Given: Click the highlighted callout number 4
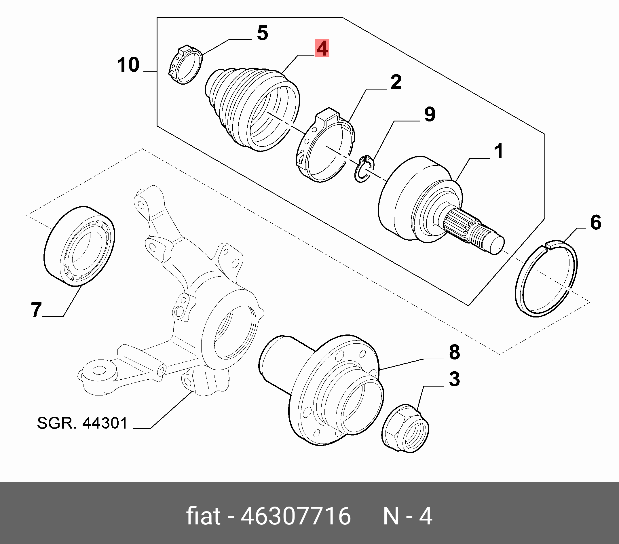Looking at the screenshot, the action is (x=322, y=48).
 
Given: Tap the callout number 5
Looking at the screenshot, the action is (x=263, y=33).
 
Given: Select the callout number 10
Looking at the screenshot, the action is (x=128, y=64).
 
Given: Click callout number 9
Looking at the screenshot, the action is (x=430, y=114).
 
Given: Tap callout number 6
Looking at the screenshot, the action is (x=595, y=222).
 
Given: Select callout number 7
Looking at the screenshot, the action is (x=36, y=310).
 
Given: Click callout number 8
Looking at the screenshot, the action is (x=454, y=352).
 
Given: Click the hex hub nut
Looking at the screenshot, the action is (x=406, y=428).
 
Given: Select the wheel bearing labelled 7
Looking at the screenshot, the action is (x=79, y=246).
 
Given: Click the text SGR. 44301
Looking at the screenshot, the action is (x=82, y=423).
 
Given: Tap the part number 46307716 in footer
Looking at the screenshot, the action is (x=296, y=516).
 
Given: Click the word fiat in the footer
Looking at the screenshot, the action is (x=203, y=516).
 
